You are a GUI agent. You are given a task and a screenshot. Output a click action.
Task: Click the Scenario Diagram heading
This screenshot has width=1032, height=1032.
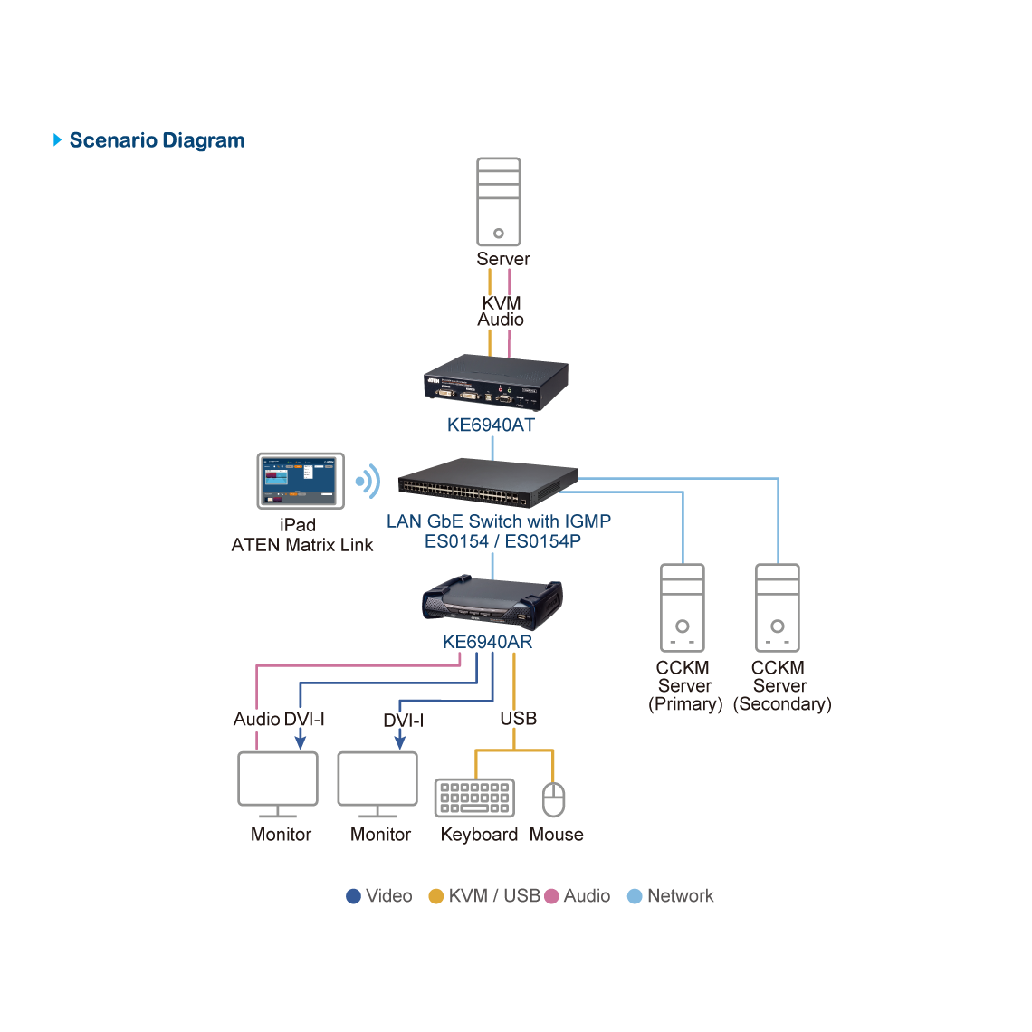(157, 140)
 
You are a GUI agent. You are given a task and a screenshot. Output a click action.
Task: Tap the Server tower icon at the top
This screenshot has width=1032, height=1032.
(499, 201)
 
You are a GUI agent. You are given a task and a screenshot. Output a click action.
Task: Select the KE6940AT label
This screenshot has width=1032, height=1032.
(491, 425)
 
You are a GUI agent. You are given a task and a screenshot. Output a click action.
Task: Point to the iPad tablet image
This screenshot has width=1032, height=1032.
(301, 481)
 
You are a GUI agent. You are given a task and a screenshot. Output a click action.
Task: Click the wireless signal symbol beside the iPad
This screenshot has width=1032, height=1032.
(368, 482)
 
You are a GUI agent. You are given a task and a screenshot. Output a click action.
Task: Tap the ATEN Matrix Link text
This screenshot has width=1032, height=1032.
(302, 545)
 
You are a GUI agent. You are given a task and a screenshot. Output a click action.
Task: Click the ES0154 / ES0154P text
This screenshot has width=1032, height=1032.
(502, 541)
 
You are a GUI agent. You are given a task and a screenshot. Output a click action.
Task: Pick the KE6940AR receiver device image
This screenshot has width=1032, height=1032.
(492, 602)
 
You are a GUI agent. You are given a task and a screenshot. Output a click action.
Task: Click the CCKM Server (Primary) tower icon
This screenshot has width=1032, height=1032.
(683, 607)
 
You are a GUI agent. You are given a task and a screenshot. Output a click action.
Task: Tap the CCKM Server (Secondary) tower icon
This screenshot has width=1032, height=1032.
(778, 607)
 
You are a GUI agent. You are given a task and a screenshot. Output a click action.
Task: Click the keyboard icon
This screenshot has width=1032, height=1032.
(474, 798)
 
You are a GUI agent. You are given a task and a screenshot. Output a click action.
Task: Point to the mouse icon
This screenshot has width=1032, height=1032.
(553, 799)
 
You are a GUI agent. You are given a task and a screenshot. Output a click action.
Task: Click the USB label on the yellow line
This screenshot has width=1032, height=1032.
(519, 719)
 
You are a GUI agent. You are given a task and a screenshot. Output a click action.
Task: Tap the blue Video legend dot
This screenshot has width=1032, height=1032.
(354, 896)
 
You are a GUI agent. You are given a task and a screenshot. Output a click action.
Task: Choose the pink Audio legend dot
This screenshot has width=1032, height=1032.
(551, 896)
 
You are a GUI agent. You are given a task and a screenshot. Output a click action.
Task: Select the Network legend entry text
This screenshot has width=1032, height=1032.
(680, 896)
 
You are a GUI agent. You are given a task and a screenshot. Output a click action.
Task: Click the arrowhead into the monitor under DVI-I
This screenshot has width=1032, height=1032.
(399, 742)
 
